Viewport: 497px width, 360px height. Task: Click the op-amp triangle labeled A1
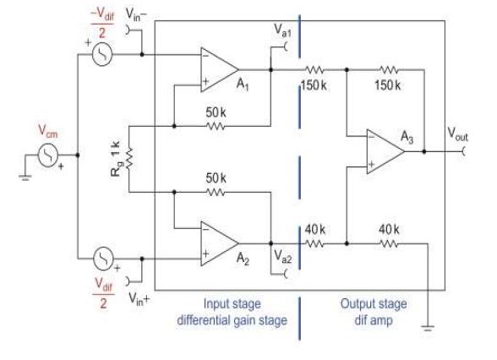(x=219, y=69)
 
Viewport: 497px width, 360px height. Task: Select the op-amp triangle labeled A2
(x=219, y=243)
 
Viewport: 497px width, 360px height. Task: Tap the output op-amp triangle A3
(x=385, y=151)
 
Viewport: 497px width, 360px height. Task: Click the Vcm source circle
(x=48, y=155)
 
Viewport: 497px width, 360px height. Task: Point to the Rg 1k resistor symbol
(x=129, y=159)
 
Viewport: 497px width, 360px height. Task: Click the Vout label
(x=457, y=134)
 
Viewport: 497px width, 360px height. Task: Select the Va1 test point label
(x=282, y=30)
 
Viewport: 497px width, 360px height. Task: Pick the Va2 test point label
(x=282, y=256)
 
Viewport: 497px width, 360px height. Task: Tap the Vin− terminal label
(x=136, y=14)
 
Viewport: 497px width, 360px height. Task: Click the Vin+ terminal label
(x=139, y=298)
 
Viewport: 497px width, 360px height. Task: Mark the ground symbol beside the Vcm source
(x=25, y=177)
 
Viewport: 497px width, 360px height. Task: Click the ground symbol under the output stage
(x=428, y=328)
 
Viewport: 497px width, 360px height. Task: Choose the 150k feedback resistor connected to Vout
(x=389, y=69)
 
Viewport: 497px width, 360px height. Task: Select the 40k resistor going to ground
(x=389, y=243)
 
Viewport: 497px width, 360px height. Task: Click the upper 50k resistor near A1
(x=216, y=126)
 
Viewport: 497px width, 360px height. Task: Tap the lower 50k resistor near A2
(x=216, y=192)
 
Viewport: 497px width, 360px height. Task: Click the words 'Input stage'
(x=232, y=304)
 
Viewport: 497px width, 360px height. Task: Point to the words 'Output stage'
(x=374, y=304)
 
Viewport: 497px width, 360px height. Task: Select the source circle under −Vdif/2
(x=102, y=53)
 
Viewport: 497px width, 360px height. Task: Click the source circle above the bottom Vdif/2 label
(x=103, y=259)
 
